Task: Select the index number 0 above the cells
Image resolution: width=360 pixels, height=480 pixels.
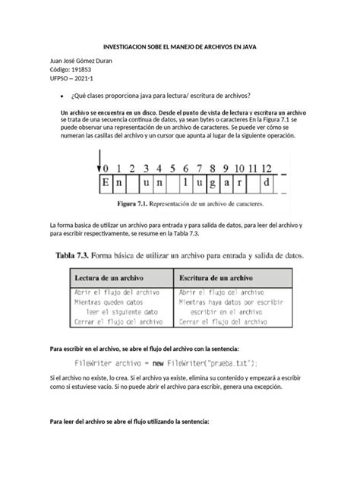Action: [x=108, y=169]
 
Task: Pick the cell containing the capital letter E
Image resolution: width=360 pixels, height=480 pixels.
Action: [x=107, y=185]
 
